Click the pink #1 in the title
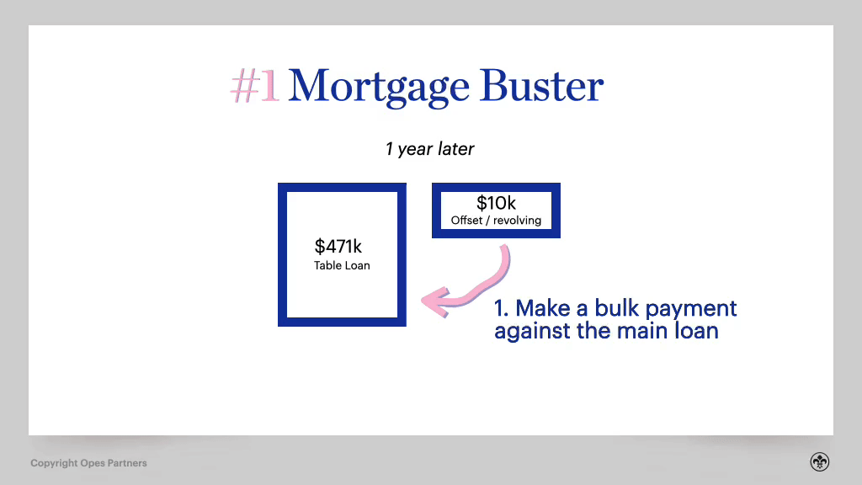[254, 87]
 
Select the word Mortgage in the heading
[379, 88]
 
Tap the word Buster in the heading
[541, 86]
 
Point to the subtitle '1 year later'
[429, 149]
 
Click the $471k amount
[338, 247]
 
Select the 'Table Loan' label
[342, 265]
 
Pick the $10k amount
[496, 203]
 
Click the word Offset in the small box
[466, 221]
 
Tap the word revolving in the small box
[517, 221]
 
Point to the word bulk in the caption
[617, 308]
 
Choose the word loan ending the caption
[696, 330]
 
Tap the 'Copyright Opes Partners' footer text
[88, 463]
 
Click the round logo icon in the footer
[820, 462]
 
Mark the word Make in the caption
[543, 308]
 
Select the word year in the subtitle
[415, 150]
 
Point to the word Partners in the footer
[127, 463]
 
